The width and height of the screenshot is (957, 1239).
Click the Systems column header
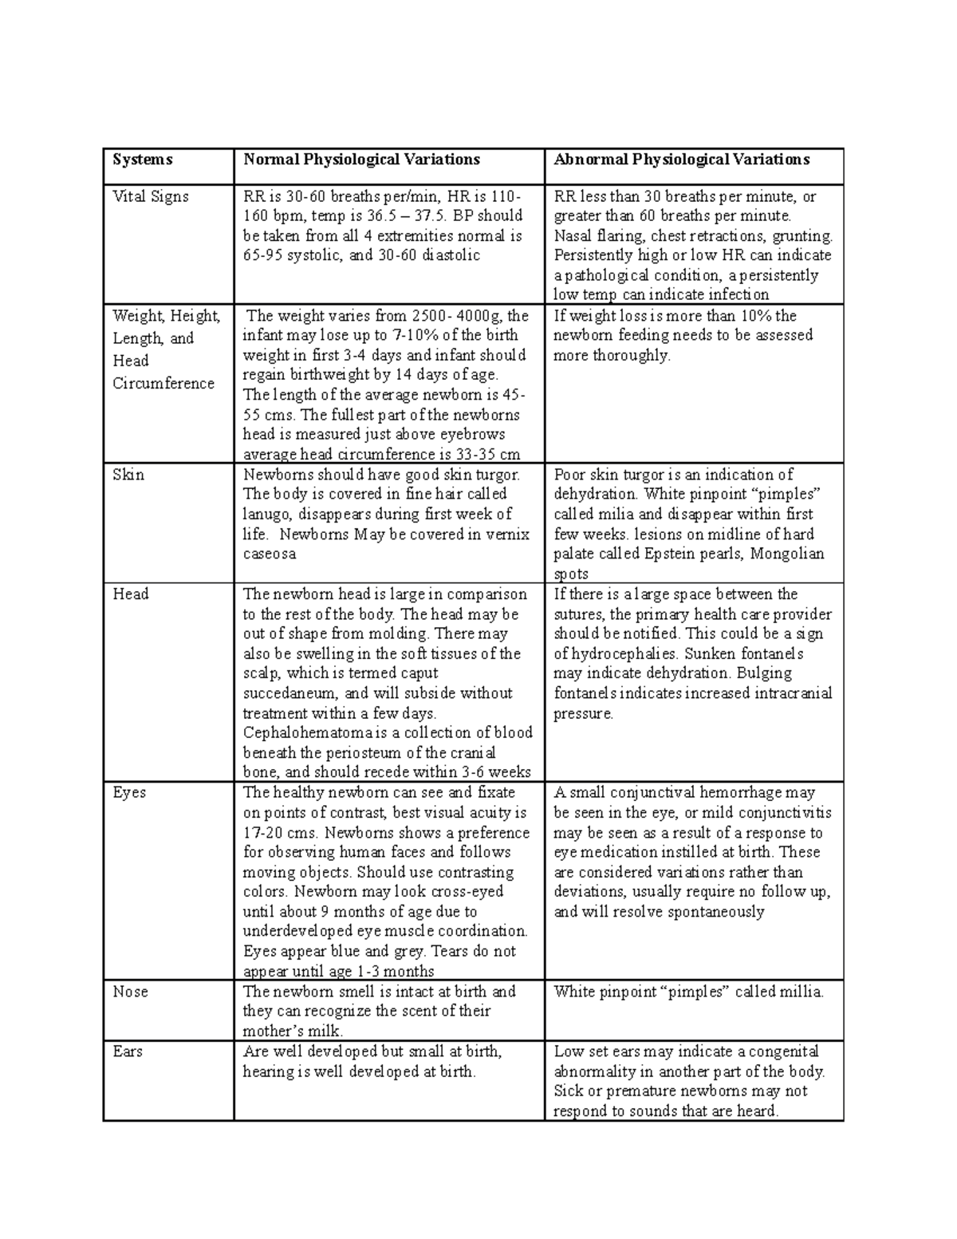pos(142,160)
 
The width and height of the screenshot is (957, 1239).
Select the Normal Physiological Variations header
pos(361,160)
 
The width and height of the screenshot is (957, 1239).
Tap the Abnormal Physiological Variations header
pos(682,160)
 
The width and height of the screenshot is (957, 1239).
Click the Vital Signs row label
pos(151,196)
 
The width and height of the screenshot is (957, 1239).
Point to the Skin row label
pos(128,475)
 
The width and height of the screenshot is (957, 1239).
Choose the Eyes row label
pos(129,793)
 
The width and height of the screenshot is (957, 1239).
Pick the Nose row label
pos(130,992)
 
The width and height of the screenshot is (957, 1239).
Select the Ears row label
pos(128,1052)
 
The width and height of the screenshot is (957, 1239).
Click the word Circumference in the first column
pos(163,383)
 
